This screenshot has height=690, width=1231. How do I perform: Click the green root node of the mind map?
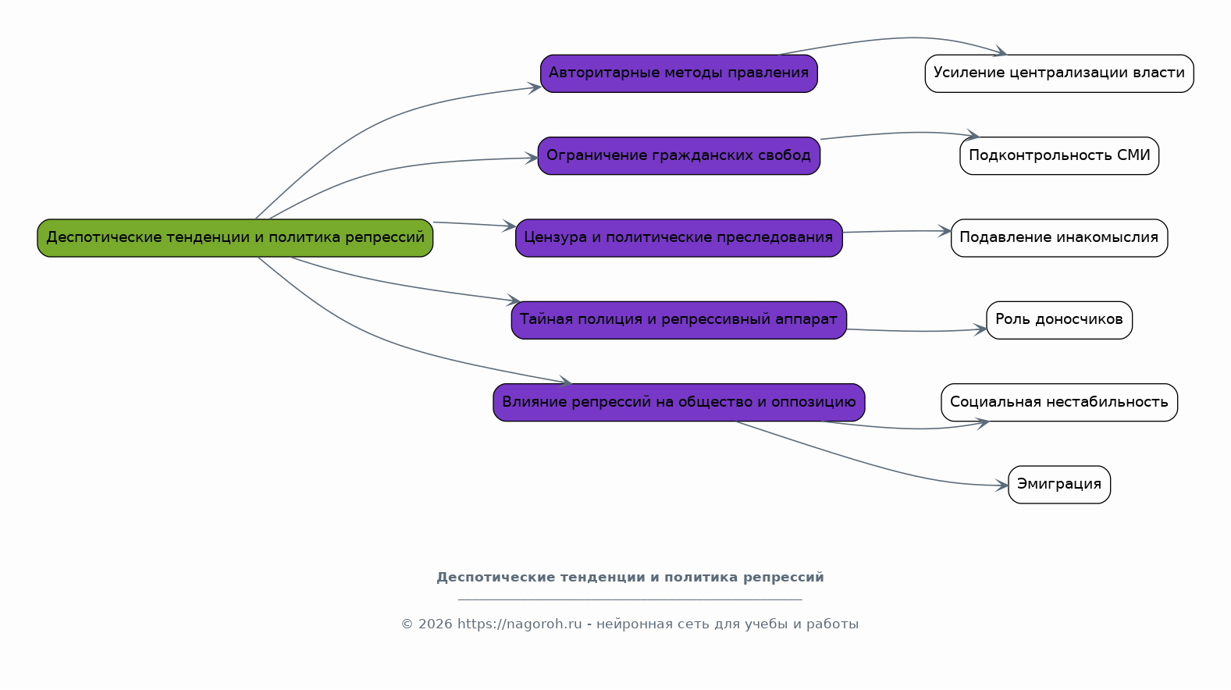235,238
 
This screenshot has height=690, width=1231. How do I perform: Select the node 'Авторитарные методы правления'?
678,73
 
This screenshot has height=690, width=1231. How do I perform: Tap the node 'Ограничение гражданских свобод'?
678,156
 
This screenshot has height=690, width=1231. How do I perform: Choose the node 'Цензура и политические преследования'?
678,238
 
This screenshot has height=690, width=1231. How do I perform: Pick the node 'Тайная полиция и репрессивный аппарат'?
678,320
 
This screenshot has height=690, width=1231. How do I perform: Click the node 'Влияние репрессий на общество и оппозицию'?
678,403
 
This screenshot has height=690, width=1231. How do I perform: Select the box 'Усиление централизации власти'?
1059,73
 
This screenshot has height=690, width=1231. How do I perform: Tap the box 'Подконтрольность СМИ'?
1059,156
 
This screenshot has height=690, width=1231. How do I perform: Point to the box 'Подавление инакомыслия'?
1059,238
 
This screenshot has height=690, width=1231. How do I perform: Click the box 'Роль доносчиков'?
1059,320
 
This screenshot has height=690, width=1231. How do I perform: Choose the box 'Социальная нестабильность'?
1059,403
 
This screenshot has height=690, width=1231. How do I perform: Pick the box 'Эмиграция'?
1059,485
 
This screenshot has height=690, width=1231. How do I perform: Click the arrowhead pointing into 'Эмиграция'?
1002,485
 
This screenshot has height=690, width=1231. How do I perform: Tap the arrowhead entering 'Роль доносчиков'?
980,329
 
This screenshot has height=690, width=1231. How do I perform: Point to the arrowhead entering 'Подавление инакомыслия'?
945,231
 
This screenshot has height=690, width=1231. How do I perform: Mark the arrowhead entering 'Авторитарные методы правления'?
534,88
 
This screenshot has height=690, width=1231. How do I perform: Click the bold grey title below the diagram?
631,578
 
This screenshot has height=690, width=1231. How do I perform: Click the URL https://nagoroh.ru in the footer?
519,624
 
